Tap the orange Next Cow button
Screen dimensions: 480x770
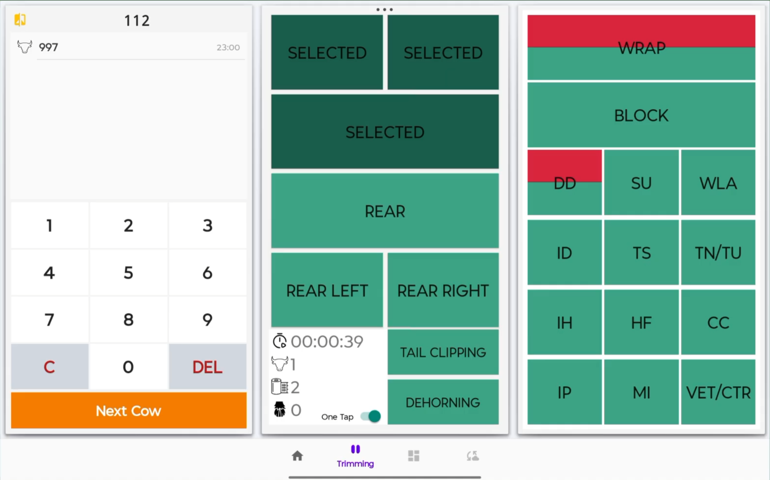point(129,410)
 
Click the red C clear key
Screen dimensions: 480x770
point(50,366)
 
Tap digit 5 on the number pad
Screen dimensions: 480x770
point(128,273)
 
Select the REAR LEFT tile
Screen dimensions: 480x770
point(327,290)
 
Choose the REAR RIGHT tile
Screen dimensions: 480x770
point(443,290)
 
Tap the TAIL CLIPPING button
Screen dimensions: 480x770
point(443,352)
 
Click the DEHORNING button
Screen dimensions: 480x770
point(443,402)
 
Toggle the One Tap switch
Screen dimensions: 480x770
point(371,416)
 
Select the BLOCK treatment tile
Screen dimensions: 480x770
point(641,115)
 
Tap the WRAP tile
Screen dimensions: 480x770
point(641,48)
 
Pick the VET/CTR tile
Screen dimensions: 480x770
point(718,392)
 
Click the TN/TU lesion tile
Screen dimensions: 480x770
point(718,253)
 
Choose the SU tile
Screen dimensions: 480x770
point(641,183)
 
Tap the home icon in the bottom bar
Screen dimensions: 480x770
point(297,456)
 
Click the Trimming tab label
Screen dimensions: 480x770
point(355,463)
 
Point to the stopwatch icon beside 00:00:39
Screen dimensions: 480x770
point(280,341)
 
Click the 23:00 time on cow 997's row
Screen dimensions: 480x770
point(228,47)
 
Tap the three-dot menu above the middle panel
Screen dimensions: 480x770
point(384,10)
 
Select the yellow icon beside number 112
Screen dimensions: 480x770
point(20,20)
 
